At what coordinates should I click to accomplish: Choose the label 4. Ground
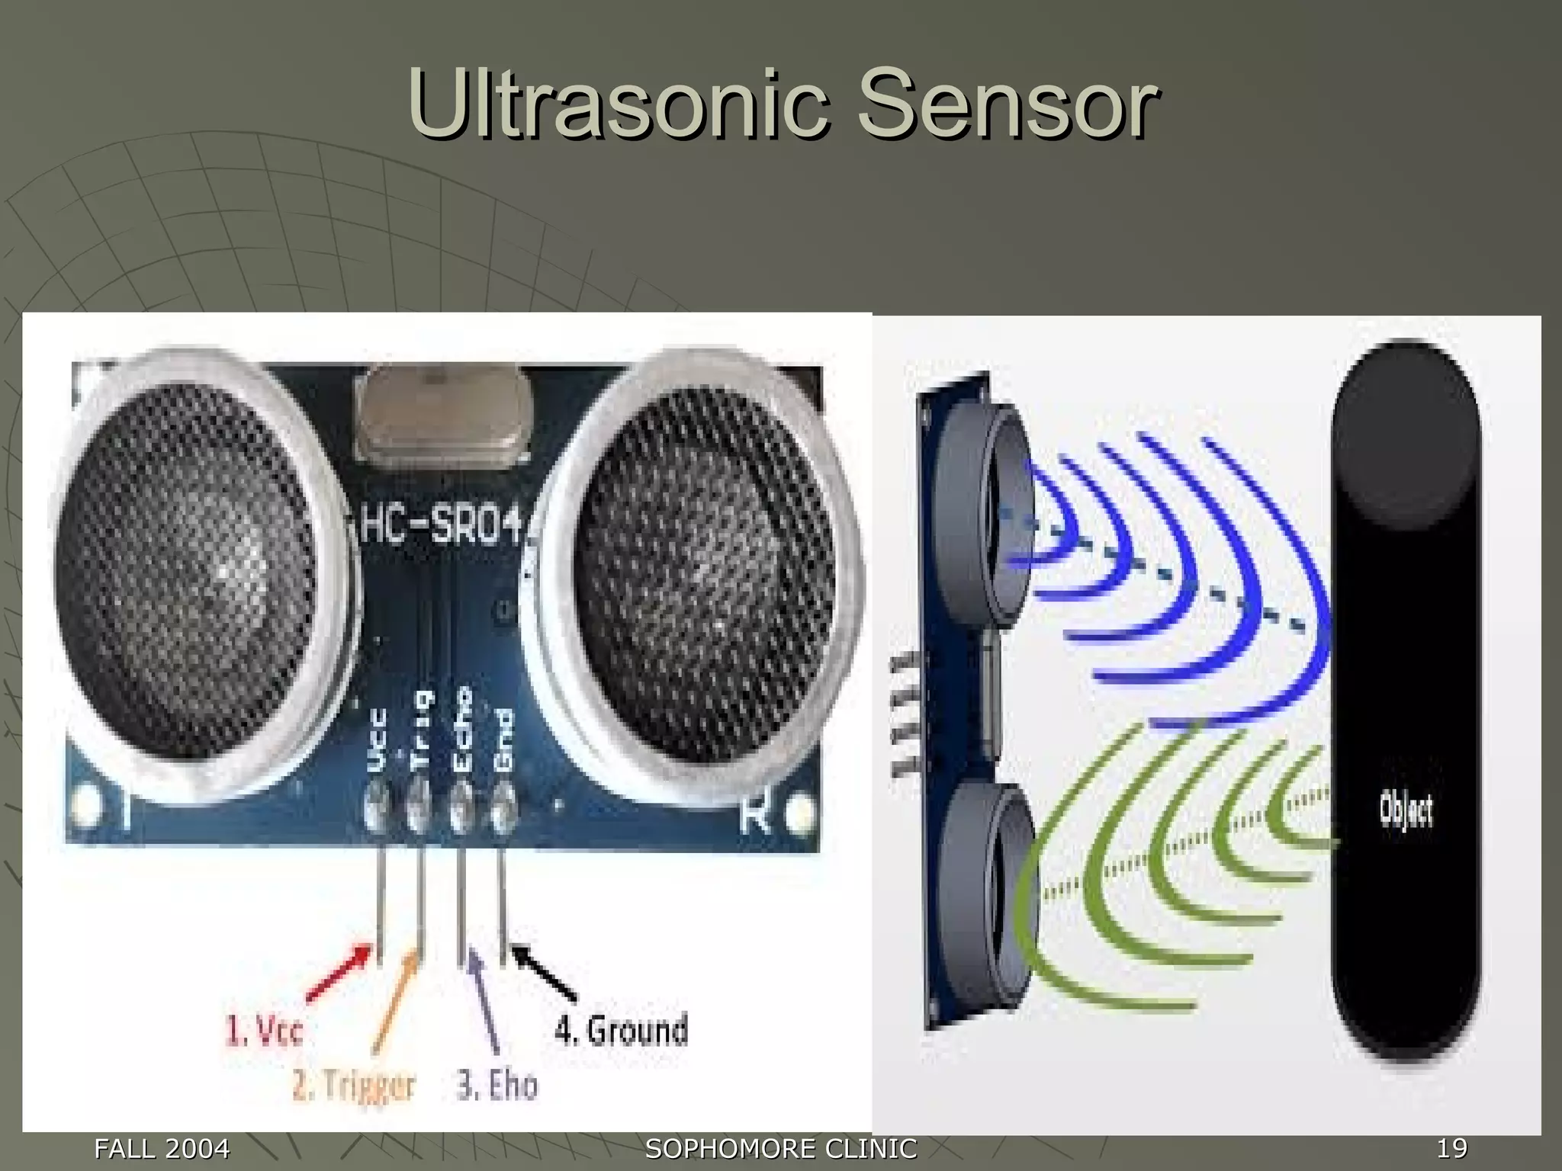(621, 1029)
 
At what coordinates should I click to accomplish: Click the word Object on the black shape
(1406, 810)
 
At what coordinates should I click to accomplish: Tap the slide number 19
(1451, 1147)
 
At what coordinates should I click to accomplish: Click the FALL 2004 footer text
(162, 1147)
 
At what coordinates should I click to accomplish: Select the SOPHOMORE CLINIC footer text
(781, 1147)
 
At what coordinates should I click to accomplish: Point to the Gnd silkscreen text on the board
(503, 739)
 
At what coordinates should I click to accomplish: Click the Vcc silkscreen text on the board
(378, 739)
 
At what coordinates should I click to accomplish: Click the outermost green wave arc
(1068, 953)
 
